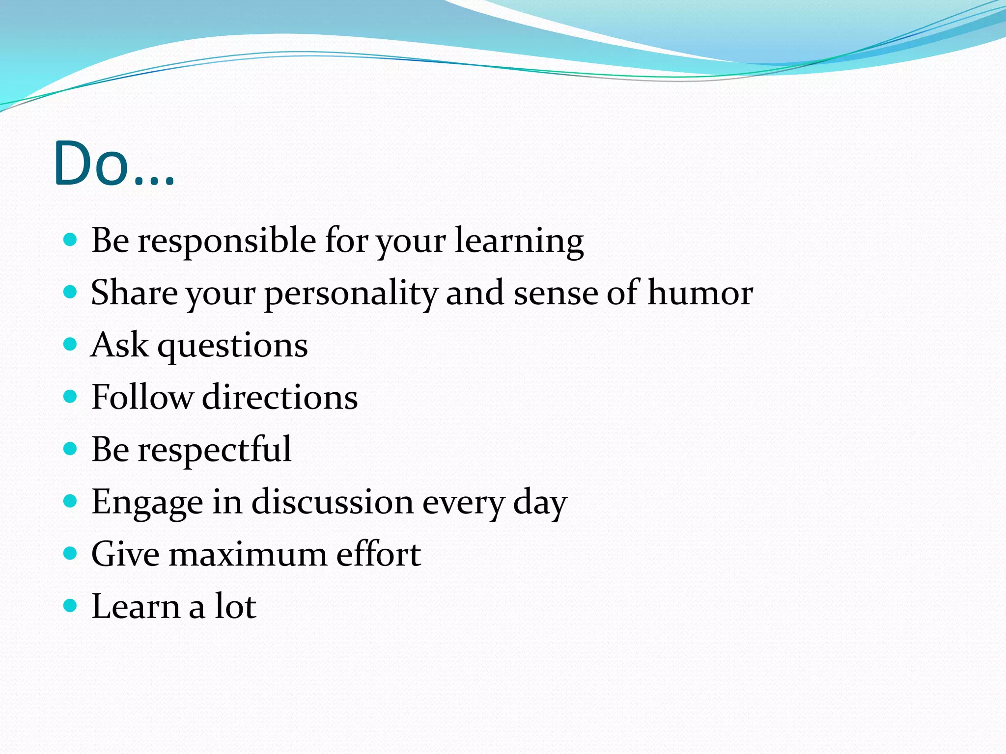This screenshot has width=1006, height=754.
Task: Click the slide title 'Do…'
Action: [x=114, y=164]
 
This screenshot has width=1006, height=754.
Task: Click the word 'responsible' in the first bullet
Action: [x=226, y=242]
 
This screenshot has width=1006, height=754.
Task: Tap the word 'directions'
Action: [x=280, y=397]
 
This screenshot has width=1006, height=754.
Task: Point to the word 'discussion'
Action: [x=333, y=502]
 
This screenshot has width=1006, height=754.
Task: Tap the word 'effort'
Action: [x=378, y=554]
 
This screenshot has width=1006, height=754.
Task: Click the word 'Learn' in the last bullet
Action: [x=136, y=607]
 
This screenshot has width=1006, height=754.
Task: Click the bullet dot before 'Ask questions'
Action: [x=71, y=344]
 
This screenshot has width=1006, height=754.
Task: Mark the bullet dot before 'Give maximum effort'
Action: [x=71, y=553]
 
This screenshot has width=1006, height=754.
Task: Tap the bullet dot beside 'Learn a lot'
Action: [x=71, y=605]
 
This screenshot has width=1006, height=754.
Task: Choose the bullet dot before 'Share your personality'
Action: [x=71, y=292]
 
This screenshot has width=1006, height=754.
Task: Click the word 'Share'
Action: [x=134, y=293]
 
